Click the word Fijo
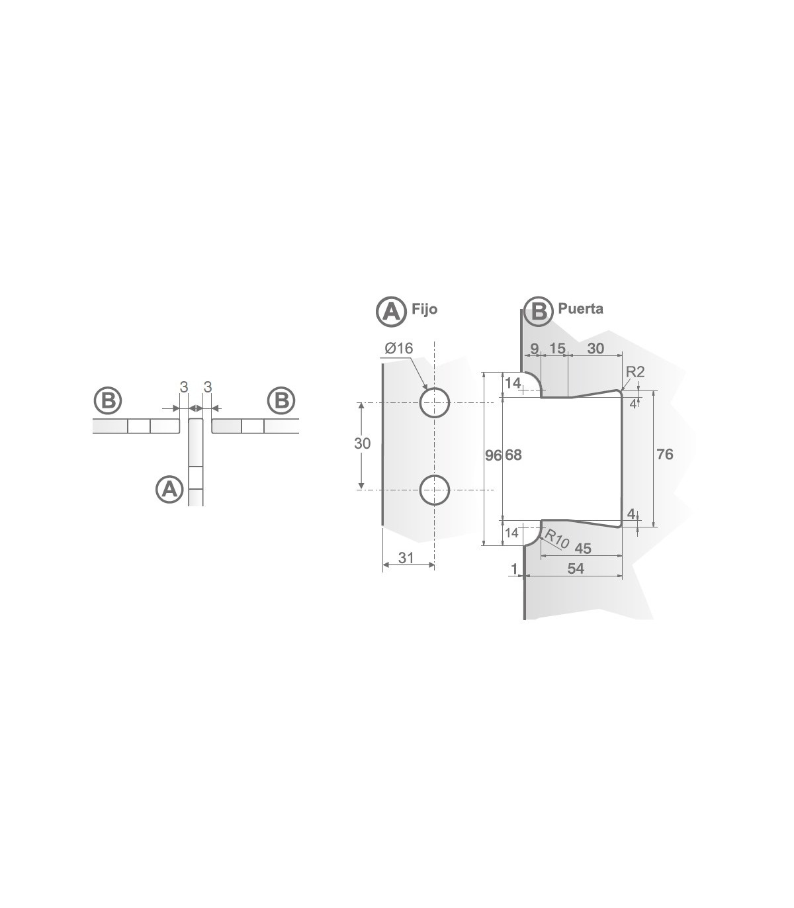pos(424,309)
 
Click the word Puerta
pos(580,308)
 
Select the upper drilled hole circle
pos(435,402)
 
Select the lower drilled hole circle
pos(435,490)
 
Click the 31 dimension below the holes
pos(406,558)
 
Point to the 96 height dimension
pos(493,455)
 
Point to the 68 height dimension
pos(513,455)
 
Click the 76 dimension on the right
pos(665,454)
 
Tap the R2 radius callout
pos(635,372)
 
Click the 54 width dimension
pos(576,568)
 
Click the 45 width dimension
pos(583,549)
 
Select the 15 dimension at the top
pos(556,348)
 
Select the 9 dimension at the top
pos(534,348)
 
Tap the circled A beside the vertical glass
pos(169,489)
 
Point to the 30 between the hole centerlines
pos(362,443)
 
